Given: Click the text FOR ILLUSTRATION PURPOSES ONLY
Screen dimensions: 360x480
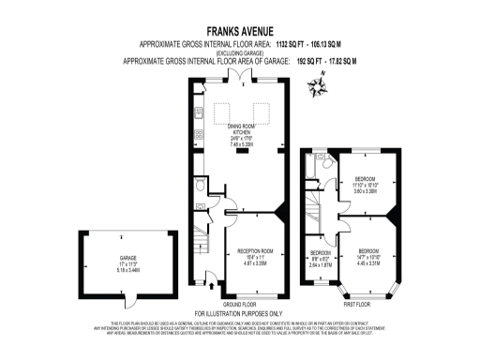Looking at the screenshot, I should click(239, 312).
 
